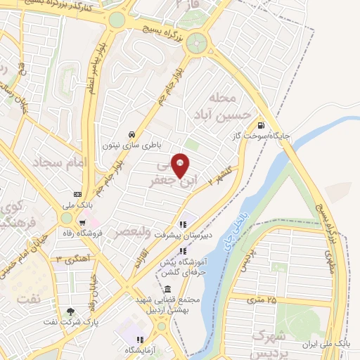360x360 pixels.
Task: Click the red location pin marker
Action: pos(181,165)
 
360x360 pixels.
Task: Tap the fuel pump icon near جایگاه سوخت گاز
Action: pos(261,120)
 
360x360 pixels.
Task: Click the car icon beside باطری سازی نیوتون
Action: pos(131,134)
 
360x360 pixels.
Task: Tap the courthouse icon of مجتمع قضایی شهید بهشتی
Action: pos(167,290)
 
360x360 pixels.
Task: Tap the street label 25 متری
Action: pos(262,300)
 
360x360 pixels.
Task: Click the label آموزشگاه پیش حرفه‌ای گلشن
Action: pos(162,259)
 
